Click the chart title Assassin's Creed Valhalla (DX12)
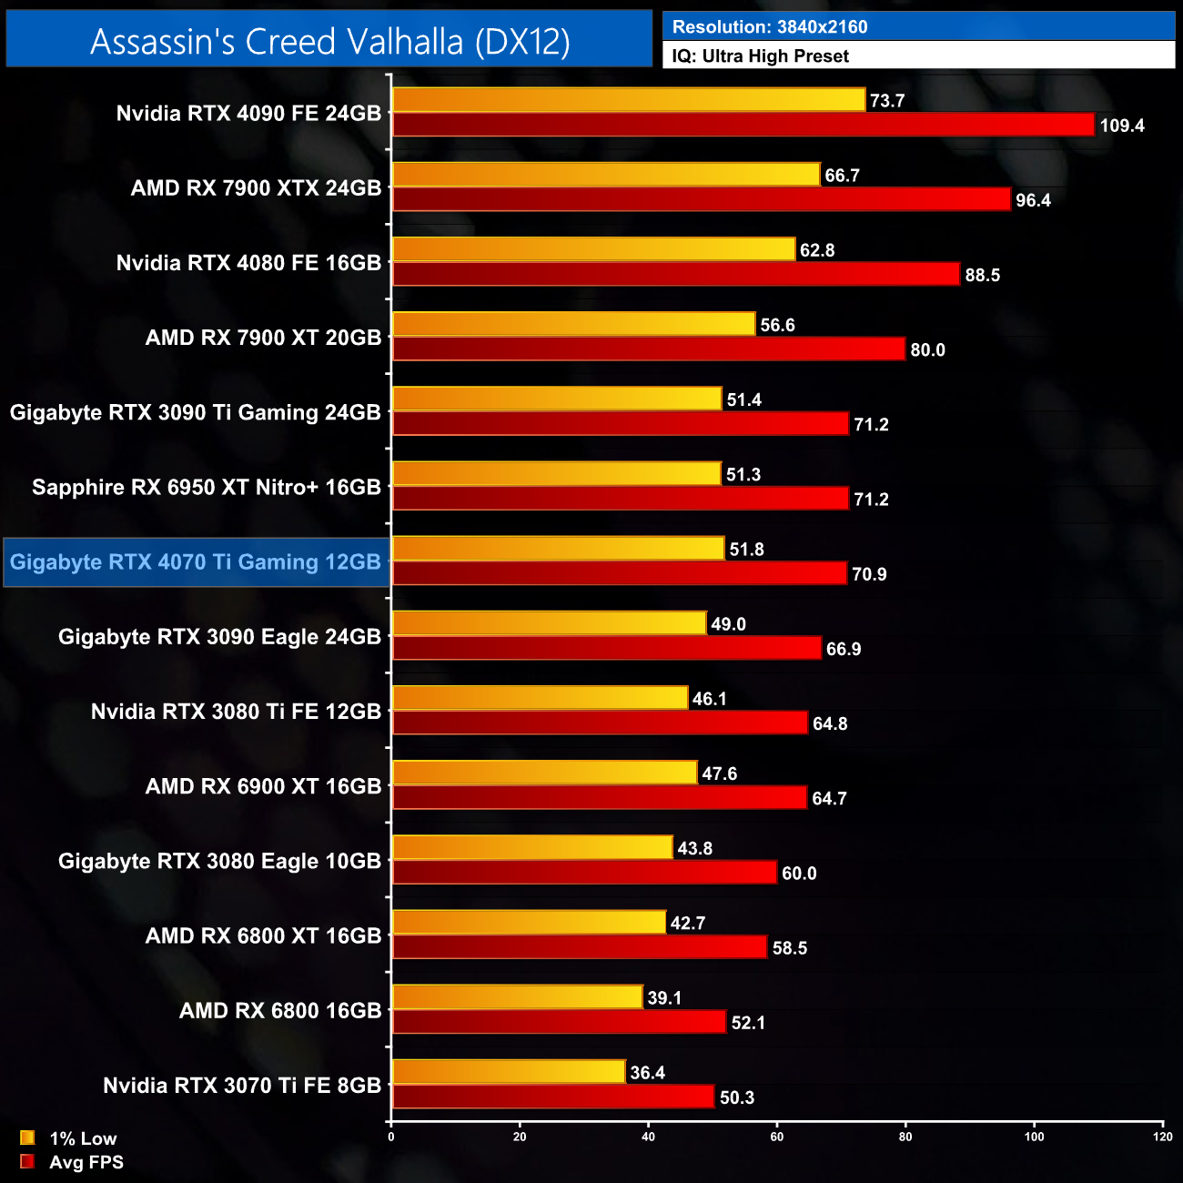pos(329,42)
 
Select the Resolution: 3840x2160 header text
pos(770,27)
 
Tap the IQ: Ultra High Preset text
pos(760,56)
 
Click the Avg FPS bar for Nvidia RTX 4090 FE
pos(743,126)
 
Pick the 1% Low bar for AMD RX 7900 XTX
pos(606,175)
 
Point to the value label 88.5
pos(982,275)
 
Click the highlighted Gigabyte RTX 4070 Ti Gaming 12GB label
pos(196,562)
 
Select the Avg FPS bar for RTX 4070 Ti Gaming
pos(619,573)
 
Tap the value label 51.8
pos(746,550)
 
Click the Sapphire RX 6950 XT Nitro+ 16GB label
pos(207,488)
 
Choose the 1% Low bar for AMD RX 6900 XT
pos(544,773)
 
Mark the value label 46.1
pos(709,699)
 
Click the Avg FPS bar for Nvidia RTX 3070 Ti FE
pos(552,1097)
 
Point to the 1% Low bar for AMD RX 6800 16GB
pos(517,997)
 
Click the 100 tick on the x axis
pos(1035,1137)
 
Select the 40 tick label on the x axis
pos(649,1137)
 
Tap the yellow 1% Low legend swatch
pos(27,1137)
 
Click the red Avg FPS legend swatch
pos(27,1161)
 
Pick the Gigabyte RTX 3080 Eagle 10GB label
pos(219,861)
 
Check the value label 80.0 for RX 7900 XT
pos(927,349)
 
